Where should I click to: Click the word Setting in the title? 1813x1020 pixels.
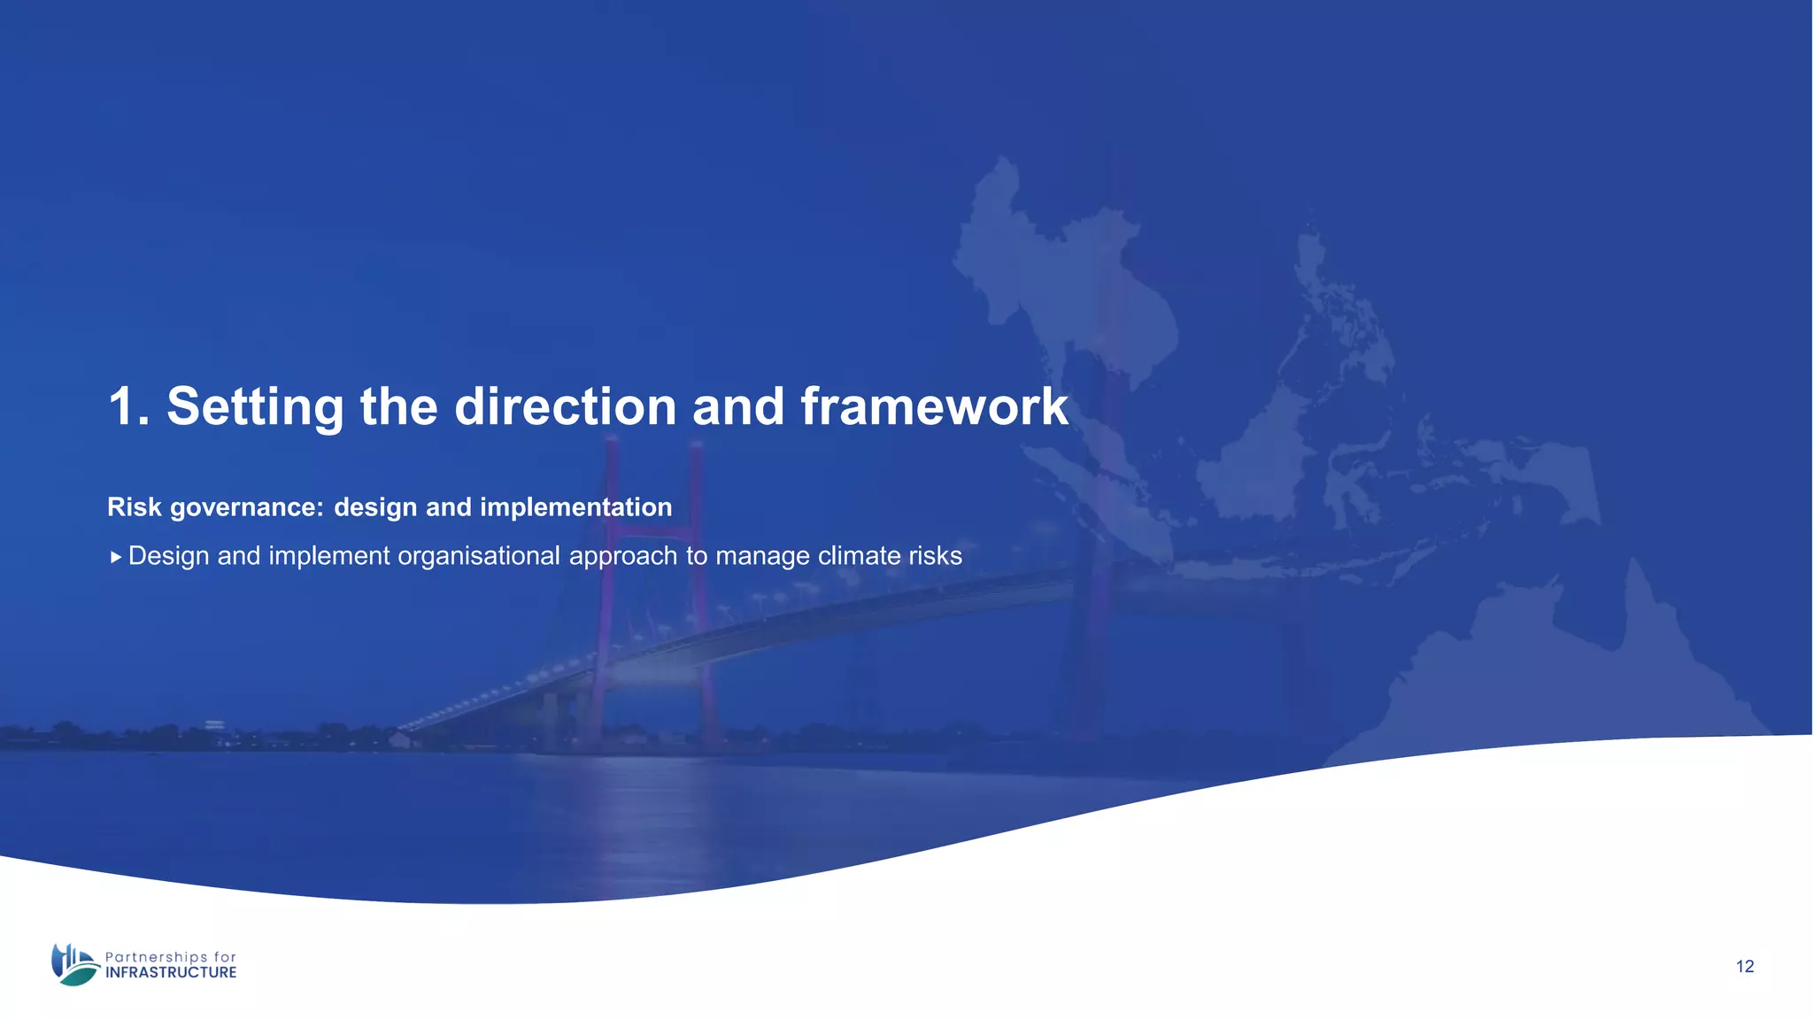click(255, 407)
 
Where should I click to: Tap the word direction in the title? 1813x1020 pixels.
click(565, 407)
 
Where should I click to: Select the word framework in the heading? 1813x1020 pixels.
click(934, 407)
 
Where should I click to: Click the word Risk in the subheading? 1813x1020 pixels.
click(135, 507)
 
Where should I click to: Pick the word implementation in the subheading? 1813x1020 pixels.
click(575, 507)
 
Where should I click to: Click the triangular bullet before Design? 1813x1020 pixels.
click(116, 558)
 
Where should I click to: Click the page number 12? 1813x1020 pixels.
click(1744, 967)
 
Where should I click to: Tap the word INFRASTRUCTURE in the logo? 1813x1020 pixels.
click(171, 973)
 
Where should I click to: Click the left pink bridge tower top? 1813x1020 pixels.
click(611, 452)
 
